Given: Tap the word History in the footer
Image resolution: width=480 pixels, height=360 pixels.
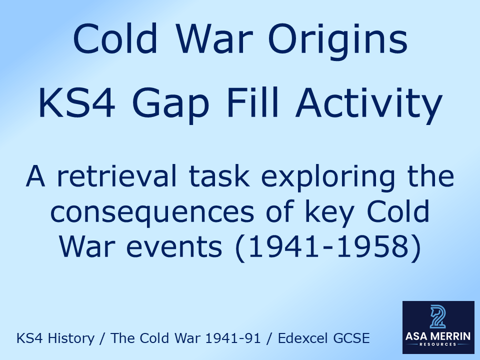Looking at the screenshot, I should (70, 339).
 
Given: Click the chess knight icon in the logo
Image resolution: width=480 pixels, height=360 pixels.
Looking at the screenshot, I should (438, 318).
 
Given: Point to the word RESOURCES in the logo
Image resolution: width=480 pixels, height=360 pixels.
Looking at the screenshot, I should (438, 345).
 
